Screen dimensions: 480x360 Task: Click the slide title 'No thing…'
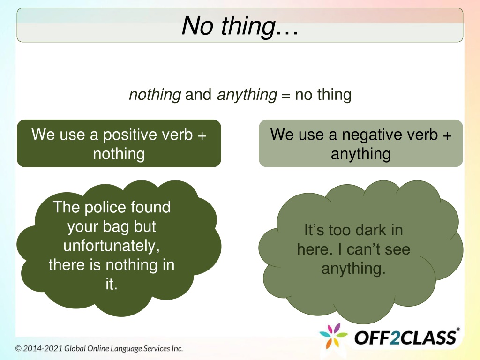click(240, 26)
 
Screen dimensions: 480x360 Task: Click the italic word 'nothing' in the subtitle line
click(155, 95)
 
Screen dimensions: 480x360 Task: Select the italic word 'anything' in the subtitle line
click(247, 95)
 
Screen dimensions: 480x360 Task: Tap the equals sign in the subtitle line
click(285, 96)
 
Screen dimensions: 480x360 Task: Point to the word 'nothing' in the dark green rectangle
click(119, 154)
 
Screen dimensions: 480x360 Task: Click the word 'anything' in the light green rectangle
click(360, 154)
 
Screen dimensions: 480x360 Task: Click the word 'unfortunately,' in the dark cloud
click(112, 246)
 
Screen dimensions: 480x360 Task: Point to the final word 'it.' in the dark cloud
click(112, 284)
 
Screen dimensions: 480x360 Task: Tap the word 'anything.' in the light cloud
click(353, 269)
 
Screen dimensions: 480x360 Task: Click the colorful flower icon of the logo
click(333, 336)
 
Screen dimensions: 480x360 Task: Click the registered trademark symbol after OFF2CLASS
click(458, 330)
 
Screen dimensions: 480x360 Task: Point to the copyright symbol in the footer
click(18, 349)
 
